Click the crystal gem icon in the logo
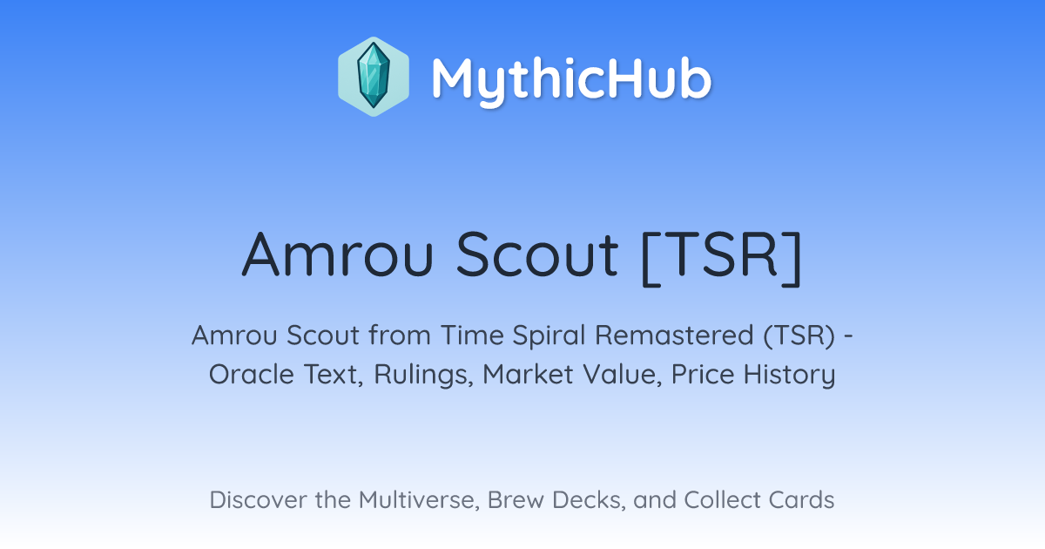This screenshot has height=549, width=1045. tap(374, 76)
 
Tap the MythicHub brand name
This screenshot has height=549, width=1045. tap(571, 79)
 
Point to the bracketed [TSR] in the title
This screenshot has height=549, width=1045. tap(722, 257)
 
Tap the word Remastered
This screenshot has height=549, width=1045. tap(674, 335)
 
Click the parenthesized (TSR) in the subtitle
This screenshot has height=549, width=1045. tap(799, 336)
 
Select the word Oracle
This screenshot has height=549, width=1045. tap(251, 375)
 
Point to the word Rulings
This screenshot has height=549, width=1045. tap(423, 376)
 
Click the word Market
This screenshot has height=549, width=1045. tap(528, 375)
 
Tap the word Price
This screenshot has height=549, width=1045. tap(703, 375)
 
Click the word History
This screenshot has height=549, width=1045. tap(789, 376)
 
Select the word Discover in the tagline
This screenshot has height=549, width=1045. tap(258, 499)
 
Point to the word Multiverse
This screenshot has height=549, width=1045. tap(419, 500)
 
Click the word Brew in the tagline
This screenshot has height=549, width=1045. tap(516, 499)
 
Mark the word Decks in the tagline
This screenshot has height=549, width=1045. tap(589, 500)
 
